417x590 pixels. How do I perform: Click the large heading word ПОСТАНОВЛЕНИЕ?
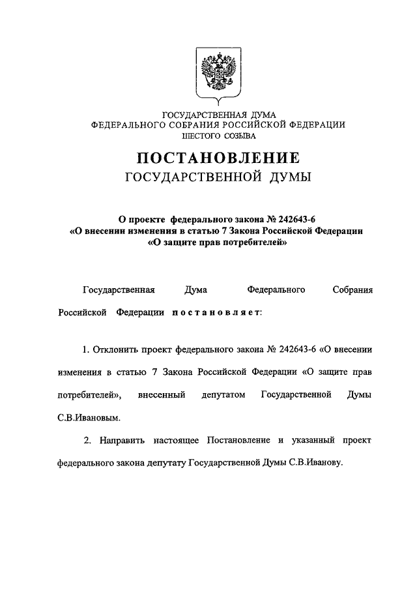pyautogui.click(x=218, y=158)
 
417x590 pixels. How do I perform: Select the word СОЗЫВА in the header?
pyautogui.click(x=240, y=136)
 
